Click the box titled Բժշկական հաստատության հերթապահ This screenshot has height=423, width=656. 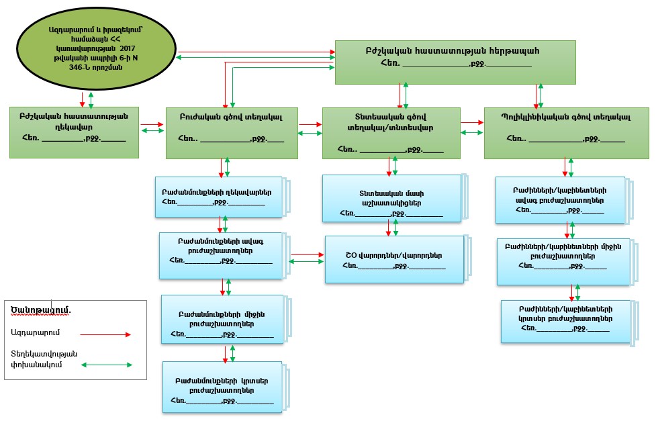tap(455, 62)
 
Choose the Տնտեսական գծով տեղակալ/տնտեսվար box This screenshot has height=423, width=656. tap(391, 132)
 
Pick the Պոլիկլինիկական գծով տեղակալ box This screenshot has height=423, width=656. tap(566, 132)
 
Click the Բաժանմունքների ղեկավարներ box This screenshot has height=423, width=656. tap(220, 197)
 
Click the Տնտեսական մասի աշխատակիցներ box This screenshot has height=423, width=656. tap(391, 198)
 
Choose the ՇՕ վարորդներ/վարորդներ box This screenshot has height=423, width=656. tap(393, 258)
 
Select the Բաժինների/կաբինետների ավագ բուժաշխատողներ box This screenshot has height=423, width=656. tap(559, 199)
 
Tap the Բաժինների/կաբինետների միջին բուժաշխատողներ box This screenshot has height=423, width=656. tap(562, 261)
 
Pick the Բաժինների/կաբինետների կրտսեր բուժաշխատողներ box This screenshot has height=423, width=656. tap(565, 321)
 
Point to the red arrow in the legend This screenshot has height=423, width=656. tap(105, 333)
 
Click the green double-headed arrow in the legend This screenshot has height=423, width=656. tap(106, 365)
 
